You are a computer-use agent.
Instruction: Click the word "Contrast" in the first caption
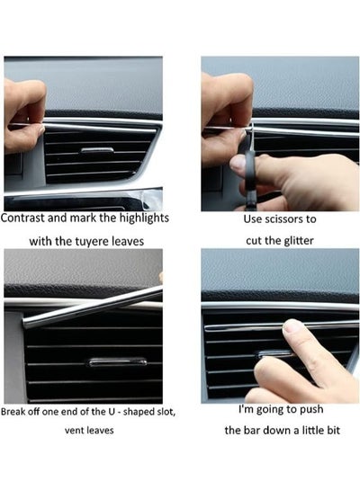click(23, 218)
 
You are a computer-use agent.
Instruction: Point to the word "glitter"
click(299, 241)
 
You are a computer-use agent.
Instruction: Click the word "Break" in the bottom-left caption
click(13, 412)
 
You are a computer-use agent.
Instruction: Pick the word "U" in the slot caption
click(112, 412)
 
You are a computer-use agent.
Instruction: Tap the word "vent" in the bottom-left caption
click(72, 431)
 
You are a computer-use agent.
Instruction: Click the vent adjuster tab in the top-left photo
click(97, 150)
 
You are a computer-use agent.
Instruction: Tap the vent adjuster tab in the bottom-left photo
click(118, 362)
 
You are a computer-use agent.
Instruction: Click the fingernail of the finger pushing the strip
click(292, 326)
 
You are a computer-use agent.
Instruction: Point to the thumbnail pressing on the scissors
click(238, 163)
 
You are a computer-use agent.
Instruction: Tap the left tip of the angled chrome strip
click(24, 323)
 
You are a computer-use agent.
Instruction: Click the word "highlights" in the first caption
click(144, 218)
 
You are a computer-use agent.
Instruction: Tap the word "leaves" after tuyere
click(128, 242)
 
